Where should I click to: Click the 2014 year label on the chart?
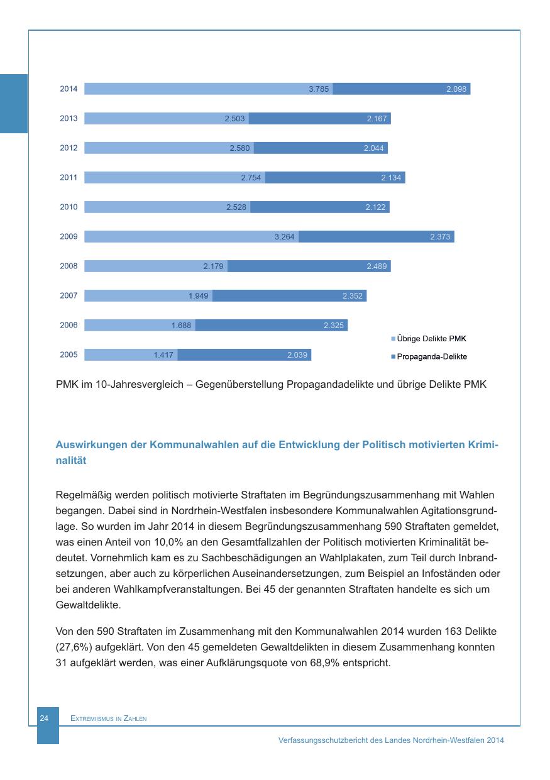click(x=69, y=89)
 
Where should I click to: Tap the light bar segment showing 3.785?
click(x=207, y=89)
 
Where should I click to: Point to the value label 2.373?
click(x=440, y=237)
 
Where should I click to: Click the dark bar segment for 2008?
click(x=309, y=266)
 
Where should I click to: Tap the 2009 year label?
click(x=69, y=237)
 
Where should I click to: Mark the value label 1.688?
click(x=181, y=326)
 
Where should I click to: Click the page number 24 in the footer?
click(x=45, y=718)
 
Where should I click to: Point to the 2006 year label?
click(x=69, y=326)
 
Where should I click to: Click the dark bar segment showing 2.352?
click(x=289, y=296)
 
